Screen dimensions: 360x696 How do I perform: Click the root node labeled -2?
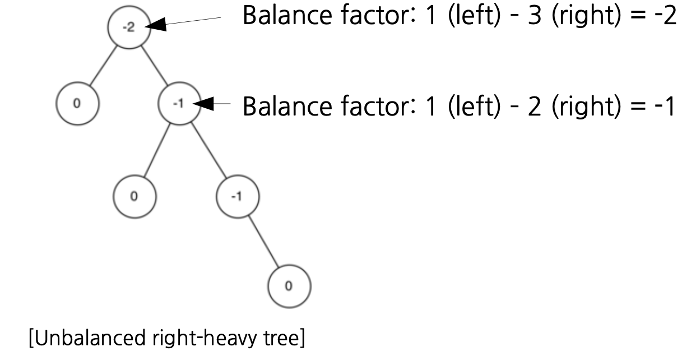[x=129, y=28]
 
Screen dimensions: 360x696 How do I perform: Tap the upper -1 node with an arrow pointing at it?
[x=179, y=104]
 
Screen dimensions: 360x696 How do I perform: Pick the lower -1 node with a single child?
[x=237, y=197]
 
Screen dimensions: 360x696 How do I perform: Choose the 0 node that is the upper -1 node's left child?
[x=134, y=197]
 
